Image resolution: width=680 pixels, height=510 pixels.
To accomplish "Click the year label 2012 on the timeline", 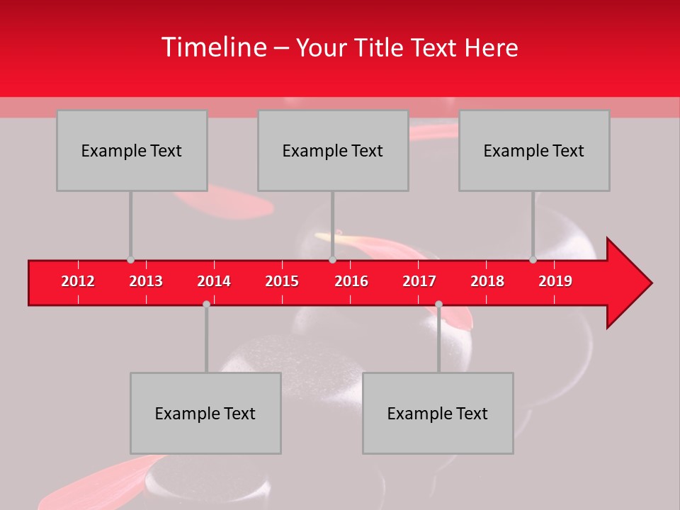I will pos(78,281).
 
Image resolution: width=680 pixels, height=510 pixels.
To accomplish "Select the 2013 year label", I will pos(146,281).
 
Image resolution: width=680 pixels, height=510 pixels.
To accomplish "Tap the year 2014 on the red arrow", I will pos(214,281).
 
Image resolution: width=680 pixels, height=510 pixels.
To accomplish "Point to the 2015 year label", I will pos(282,281).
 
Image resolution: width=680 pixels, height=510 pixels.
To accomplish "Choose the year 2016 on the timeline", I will pos(351,281).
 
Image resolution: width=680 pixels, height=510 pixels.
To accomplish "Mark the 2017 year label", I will pos(419,281).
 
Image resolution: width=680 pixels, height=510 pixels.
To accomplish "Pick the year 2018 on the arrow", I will pos(487,281).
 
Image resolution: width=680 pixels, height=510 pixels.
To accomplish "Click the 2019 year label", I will pos(555,281).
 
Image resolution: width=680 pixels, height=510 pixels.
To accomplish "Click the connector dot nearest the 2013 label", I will pos(130,260).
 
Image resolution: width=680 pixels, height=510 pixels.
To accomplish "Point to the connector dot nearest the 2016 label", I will pos(332,260).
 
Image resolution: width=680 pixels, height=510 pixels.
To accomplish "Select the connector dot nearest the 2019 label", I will pos(533,260).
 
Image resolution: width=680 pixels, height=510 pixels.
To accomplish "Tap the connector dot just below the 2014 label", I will pos(206,304).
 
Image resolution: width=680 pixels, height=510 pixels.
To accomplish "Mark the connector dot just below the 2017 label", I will pos(438,304).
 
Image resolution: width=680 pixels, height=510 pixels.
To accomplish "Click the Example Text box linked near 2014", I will pos(205,413).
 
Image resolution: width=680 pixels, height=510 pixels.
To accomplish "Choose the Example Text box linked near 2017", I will pos(438,413).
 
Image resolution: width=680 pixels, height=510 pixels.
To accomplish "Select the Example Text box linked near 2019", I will pos(534,150).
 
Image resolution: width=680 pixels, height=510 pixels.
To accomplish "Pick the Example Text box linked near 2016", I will pos(333,150).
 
